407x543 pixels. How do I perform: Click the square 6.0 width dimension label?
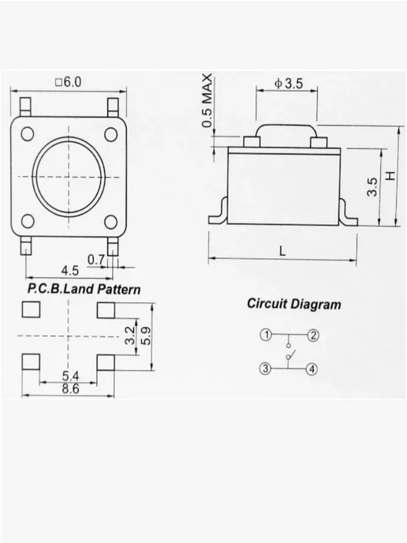(68, 82)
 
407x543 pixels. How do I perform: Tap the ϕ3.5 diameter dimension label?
(289, 84)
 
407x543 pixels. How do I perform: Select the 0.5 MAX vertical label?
(207, 100)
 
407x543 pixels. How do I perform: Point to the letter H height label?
(390, 175)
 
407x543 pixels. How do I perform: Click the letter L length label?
(282, 251)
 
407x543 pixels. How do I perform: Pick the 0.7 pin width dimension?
(95, 260)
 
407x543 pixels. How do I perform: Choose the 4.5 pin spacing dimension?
(69, 271)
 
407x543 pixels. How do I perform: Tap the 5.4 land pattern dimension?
(70, 376)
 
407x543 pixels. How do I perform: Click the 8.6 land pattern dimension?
(70, 388)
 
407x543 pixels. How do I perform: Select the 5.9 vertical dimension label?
(146, 336)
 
